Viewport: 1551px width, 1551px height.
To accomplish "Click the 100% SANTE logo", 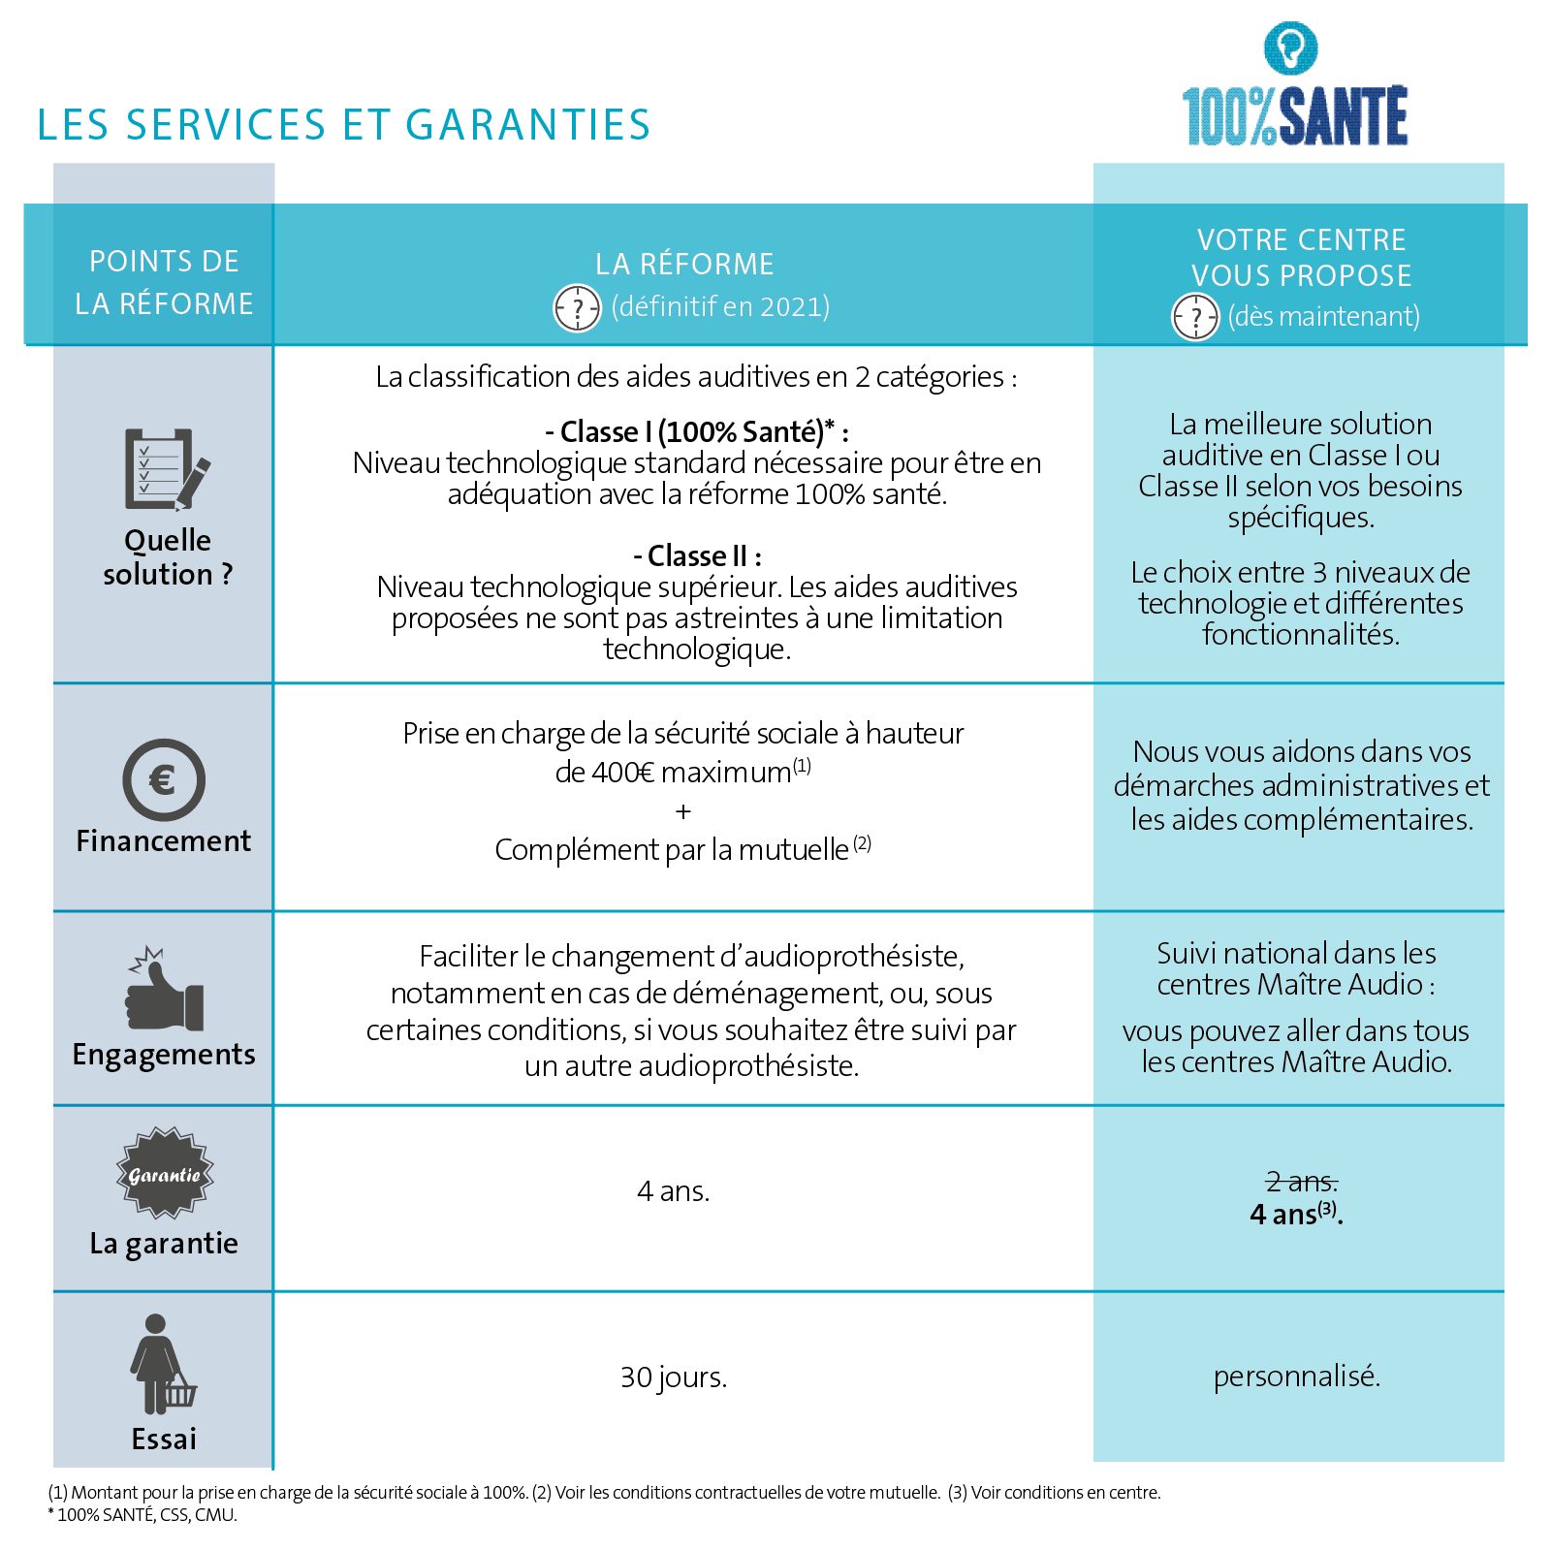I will pos(1294,87).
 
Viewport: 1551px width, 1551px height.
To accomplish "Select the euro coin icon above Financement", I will pos(164,779).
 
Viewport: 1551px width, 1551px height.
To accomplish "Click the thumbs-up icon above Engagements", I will pos(164,991).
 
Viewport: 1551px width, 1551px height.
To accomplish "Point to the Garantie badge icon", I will pos(165,1173).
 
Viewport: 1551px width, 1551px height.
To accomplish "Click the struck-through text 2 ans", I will pos(1301,1182).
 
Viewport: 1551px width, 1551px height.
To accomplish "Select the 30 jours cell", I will pos(674,1377).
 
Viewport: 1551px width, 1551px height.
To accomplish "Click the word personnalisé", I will pos(1296,1376).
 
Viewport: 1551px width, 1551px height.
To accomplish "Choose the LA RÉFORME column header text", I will pos(684,264).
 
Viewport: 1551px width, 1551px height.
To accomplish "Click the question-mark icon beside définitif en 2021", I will pos(577,309).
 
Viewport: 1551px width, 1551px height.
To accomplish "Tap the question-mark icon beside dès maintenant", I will pos(1195,317).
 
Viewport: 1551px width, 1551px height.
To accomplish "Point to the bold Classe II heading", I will pos(698,556).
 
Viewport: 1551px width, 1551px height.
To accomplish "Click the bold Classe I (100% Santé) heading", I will pos(697,431).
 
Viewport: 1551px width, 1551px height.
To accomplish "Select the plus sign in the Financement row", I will pos(683,810).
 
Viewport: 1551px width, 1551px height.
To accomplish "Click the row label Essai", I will pos(164,1439).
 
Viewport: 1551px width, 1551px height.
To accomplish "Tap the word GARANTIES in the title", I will pos(527,125).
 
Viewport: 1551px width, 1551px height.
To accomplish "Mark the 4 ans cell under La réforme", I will pos(674,1190).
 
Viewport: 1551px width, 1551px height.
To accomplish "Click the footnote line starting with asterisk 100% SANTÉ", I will pos(142,1515).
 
